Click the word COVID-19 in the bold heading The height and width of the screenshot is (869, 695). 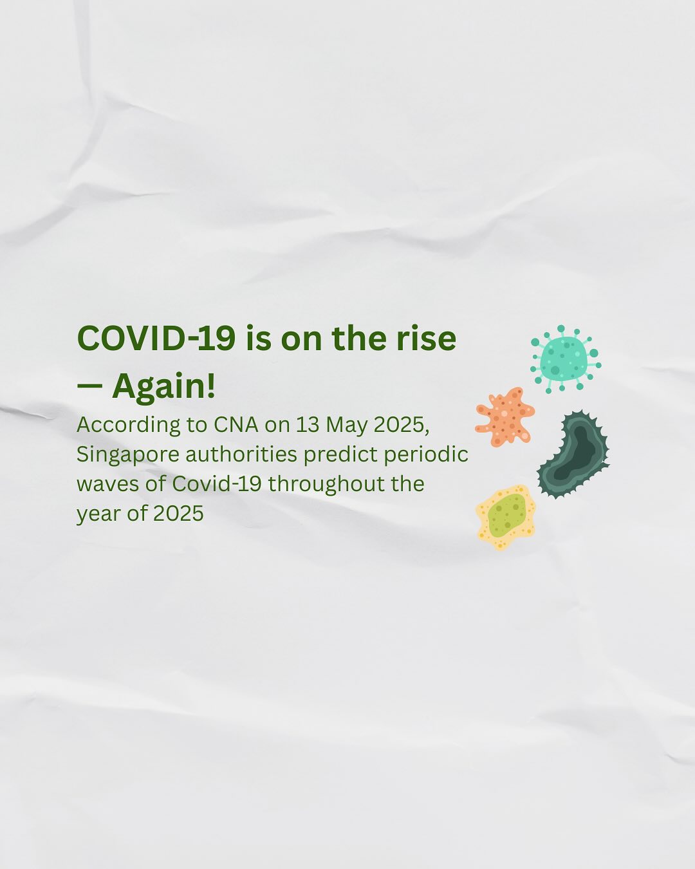156,339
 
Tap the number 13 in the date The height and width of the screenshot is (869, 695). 307,425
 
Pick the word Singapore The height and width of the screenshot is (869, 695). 127,455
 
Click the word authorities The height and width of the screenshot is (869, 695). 241,454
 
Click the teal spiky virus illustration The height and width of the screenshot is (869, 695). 564,359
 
